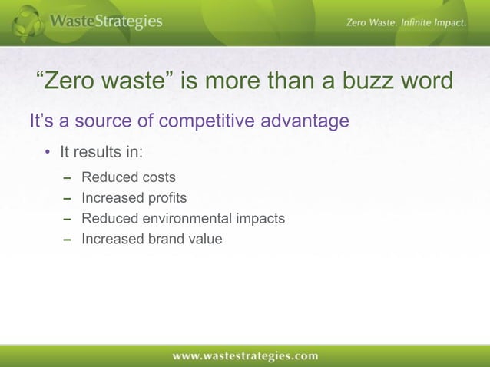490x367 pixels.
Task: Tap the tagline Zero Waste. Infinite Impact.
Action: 406,23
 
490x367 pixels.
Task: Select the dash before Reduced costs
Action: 66,179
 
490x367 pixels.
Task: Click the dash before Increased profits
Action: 66,199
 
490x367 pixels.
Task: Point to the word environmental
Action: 185,219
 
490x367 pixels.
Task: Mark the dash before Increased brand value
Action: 66,239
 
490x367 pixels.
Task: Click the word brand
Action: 164,239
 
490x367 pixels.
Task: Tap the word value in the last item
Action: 205,239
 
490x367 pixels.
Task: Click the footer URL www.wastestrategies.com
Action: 244,355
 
